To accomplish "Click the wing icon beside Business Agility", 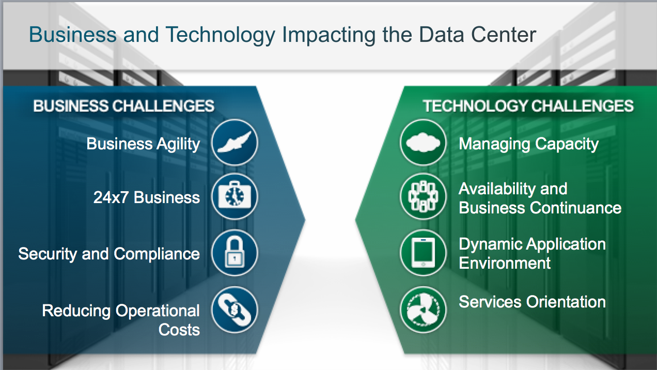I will tap(234, 142).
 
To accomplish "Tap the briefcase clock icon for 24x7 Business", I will tap(234, 197).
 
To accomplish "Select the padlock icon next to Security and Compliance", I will tap(234, 253).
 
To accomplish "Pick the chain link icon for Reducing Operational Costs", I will tap(234, 310).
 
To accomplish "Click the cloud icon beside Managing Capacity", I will tap(423, 142).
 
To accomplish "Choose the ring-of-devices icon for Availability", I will tap(423, 197).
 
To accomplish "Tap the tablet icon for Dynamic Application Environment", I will tap(423, 253).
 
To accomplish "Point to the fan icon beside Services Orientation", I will tap(423, 310).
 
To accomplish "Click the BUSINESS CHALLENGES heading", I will tap(124, 106).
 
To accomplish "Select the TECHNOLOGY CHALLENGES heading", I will tap(528, 106).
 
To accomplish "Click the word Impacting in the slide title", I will tap(333, 35).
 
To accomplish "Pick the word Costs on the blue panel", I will tap(179, 329).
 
